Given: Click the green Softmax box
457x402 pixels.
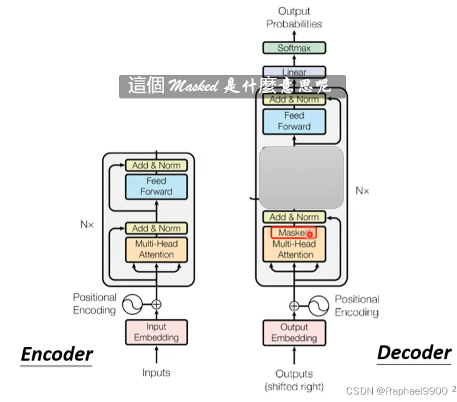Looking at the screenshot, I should (294, 48).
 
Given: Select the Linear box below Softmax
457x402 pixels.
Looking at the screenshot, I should (294, 72).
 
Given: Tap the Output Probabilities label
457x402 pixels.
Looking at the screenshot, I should (294, 17).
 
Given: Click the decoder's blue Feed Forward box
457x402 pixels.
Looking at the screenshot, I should (294, 121).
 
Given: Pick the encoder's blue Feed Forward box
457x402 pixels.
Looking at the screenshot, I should (156, 186).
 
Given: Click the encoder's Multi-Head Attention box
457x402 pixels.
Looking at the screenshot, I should (156, 249).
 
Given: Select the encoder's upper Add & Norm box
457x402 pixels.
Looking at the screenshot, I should (156, 165).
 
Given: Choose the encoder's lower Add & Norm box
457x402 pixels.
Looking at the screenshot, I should (156, 229).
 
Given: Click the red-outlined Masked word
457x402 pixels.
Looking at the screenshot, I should (293, 232).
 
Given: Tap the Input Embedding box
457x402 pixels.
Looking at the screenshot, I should (156, 332).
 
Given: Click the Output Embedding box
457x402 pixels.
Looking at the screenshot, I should (294, 332).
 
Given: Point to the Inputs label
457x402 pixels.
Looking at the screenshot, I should (156, 373).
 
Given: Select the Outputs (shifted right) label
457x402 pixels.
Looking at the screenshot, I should (294, 380).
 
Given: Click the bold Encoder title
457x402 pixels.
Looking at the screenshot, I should (57, 354).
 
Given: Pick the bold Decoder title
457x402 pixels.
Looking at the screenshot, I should (413, 352).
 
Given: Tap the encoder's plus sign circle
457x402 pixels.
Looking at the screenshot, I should (156, 305).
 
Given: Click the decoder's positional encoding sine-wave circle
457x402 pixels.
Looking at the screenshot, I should (319, 305).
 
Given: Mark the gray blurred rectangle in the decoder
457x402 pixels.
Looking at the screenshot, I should (301, 178).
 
